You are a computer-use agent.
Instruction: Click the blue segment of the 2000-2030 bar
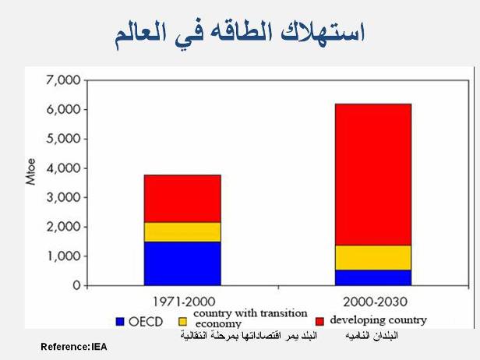pyautogui.click(x=373, y=277)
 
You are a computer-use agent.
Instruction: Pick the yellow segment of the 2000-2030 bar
pyautogui.click(x=373, y=258)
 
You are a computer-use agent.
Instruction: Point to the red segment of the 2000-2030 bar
pyautogui.click(x=373, y=175)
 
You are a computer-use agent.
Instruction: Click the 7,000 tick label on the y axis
pyautogui.click(x=63, y=80)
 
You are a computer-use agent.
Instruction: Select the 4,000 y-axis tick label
pyautogui.click(x=63, y=168)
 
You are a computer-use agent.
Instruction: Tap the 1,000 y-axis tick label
pyautogui.click(x=63, y=256)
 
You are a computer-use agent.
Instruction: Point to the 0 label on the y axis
pyautogui.click(x=76, y=286)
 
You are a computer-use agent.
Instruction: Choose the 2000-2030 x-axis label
pyautogui.click(x=373, y=301)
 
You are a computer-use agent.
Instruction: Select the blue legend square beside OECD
pyautogui.click(x=119, y=320)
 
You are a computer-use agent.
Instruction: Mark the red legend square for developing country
pyautogui.click(x=319, y=320)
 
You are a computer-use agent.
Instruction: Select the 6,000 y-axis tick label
pyautogui.click(x=63, y=110)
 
